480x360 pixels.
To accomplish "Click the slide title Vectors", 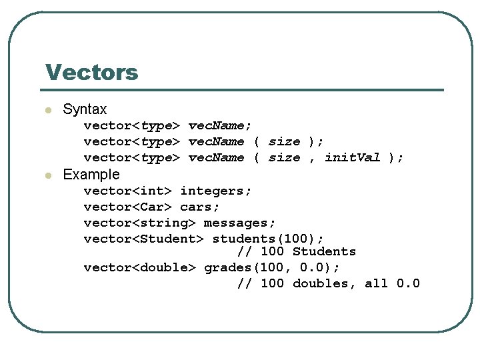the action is coord(91,72).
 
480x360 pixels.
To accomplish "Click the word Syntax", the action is coord(85,109).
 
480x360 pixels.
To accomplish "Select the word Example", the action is coord(91,175).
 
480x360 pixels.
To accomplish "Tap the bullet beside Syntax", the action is coord(47,110).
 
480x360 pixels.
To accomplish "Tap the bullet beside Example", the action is coord(47,175).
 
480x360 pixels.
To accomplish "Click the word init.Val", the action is coord(352,157).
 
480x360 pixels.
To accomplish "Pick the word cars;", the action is coord(200,207).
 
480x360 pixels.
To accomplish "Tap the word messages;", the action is coord(240,223).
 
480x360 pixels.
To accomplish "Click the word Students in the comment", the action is coord(324,252).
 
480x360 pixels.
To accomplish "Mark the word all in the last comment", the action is coord(376,284).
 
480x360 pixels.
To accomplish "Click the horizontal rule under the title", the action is coord(244,90).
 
